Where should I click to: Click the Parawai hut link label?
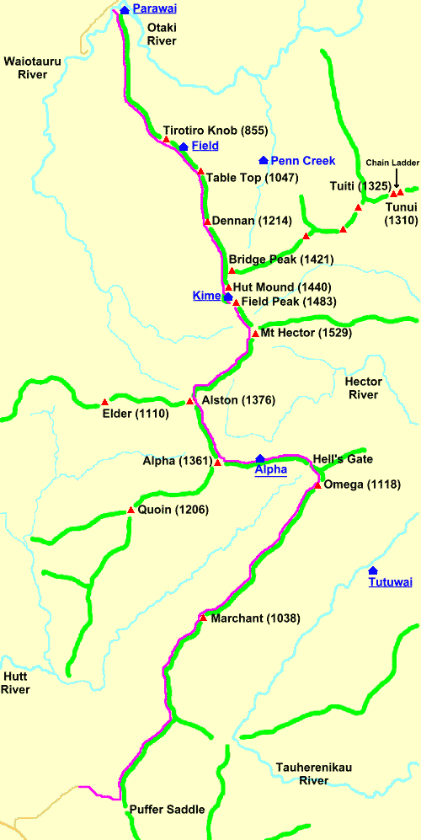click(156, 9)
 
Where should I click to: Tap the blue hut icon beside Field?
click(183, 147)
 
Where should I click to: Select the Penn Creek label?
click(302, 160)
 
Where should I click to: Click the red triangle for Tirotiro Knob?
click(167, 138)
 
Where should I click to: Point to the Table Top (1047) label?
click(247, 178)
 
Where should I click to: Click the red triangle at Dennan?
click(206, 222)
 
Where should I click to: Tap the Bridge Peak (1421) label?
click(269, 259)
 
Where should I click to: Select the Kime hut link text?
click(206, 296)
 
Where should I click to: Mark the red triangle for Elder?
click(104, 402)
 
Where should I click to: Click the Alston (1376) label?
click(238, 400)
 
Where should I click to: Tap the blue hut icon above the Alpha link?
click(260, 458)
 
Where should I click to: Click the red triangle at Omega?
click(317, 484)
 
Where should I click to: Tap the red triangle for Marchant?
click(202, 618)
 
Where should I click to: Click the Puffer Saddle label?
click(167, 810)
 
